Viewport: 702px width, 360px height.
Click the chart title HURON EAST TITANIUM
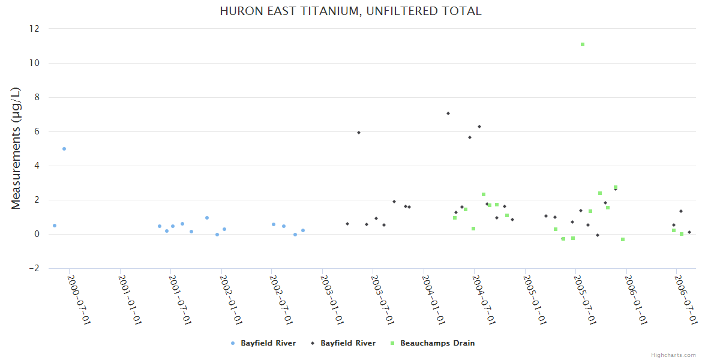coord(351,11)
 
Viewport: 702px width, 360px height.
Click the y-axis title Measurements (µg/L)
coord(16,148)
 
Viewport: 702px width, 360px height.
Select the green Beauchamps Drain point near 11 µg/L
coord(583,44)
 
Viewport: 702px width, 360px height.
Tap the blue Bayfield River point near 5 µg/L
coord(64,149)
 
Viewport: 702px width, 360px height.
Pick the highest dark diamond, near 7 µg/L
coord(448,113)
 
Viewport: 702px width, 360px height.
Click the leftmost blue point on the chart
coord(55,226)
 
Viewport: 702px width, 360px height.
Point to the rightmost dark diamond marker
coord(689,232)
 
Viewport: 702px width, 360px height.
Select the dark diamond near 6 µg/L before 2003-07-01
coord(359,133)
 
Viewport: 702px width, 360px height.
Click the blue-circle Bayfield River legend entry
coord(264,343)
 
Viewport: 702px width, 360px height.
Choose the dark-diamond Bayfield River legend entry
coord(344,343)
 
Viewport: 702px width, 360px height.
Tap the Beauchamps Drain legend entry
coord(433,343)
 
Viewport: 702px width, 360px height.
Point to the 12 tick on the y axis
coord(34,29)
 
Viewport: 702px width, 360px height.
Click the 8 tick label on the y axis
coord(37,97)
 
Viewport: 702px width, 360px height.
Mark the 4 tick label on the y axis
coord(37,166)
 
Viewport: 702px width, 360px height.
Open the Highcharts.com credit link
coord(673,355)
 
